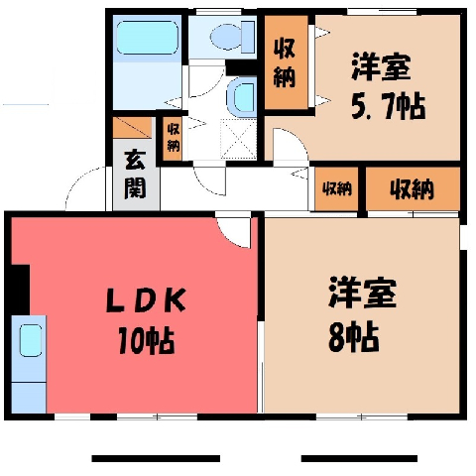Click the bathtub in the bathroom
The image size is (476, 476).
point(148,38)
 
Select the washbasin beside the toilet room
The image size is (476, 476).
point(242,96)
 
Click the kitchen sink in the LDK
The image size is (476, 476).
point(31,340)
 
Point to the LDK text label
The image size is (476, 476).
point(146,300)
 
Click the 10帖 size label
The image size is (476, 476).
point(146,340)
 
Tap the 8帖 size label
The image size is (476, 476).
point(354,337)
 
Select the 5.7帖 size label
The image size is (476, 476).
point(388,106)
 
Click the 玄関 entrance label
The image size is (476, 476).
point(135,176)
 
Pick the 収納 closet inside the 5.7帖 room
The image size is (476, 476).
point(287,62)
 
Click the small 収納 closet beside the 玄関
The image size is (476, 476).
point(173,138)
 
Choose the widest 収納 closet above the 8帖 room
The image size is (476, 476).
point(413,189)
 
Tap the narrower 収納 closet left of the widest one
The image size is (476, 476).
point(336,189)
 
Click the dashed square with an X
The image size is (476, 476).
point(239,139)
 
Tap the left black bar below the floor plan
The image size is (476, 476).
point(156,458)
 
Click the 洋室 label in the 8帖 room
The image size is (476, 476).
point(362,293)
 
